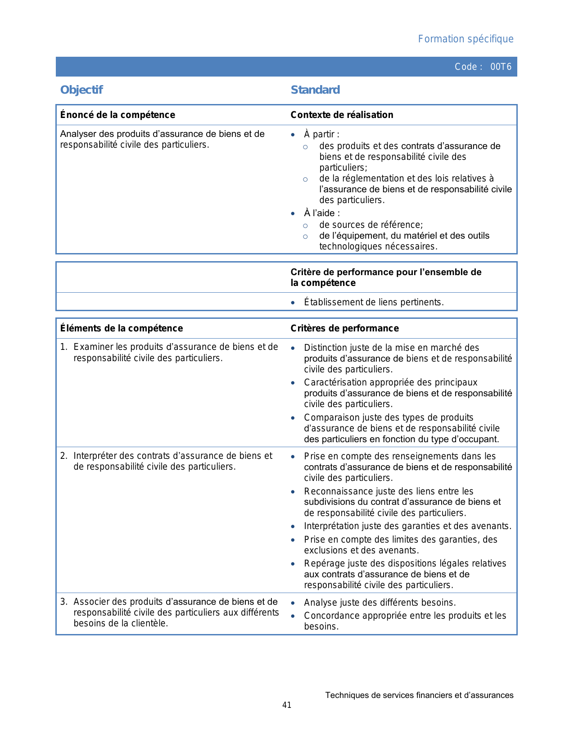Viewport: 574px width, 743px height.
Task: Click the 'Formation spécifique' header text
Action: point(466,39)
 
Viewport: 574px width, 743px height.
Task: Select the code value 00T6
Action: point(501,67)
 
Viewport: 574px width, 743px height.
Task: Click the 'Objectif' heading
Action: point(81,90)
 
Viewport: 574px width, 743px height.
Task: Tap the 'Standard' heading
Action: point(315,90)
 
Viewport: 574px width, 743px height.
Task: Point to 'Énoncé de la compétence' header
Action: point(118,115)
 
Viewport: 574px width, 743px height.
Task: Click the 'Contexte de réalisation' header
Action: point(342,115)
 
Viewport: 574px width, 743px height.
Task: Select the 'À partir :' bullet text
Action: point(321,134)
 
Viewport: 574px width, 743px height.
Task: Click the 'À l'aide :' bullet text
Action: point(322,213)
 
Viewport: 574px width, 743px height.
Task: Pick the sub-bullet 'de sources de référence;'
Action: point(371,225)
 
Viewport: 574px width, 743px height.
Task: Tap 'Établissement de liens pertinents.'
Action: point(374,302)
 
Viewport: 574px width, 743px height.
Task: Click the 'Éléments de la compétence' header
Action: point(122,328)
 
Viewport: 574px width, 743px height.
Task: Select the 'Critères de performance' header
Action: point(344,328)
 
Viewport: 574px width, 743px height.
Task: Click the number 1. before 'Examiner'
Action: point(63,347)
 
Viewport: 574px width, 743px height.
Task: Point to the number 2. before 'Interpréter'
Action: point(63,456)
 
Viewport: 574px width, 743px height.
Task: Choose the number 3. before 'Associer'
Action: point(63,602)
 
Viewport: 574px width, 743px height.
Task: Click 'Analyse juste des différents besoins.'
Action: point(380,603)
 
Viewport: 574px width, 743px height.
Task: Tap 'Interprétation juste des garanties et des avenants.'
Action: point(407,526)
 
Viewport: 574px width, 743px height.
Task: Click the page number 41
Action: point(287,705)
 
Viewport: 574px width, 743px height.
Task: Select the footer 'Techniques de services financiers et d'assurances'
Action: point(419,695)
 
